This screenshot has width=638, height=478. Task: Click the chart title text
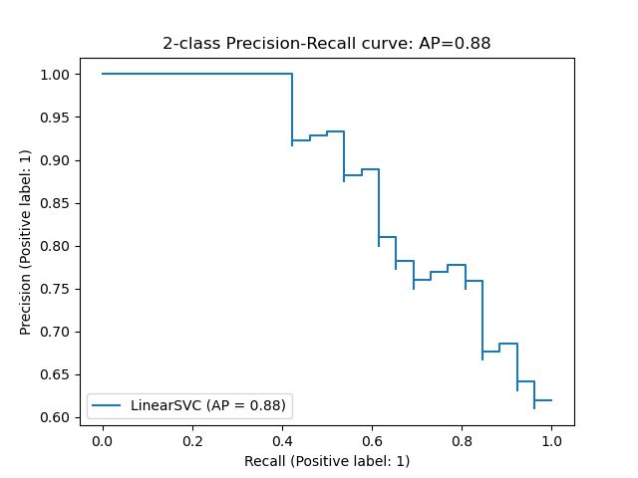(x=326, y=44)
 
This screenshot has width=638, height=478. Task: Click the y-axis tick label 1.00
(x=56, y=75)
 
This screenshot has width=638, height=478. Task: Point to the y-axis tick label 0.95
(x=56, y=118)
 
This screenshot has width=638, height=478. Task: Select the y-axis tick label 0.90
(x=56, y=160)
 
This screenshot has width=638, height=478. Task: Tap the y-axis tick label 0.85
(x=56, y=203)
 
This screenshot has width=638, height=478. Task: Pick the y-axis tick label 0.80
(x=56, y=246)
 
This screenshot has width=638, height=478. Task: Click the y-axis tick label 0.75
(x=56, y=289)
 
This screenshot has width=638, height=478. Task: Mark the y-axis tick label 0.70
(x=56, y=332)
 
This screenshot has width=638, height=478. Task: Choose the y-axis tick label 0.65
(x=56, y=374)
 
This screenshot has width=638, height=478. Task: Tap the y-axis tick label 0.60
(x=56, y=417)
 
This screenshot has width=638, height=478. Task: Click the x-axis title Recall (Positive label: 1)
(x=327, y=461)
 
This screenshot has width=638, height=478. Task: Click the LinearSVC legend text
(x=208, y=406)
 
